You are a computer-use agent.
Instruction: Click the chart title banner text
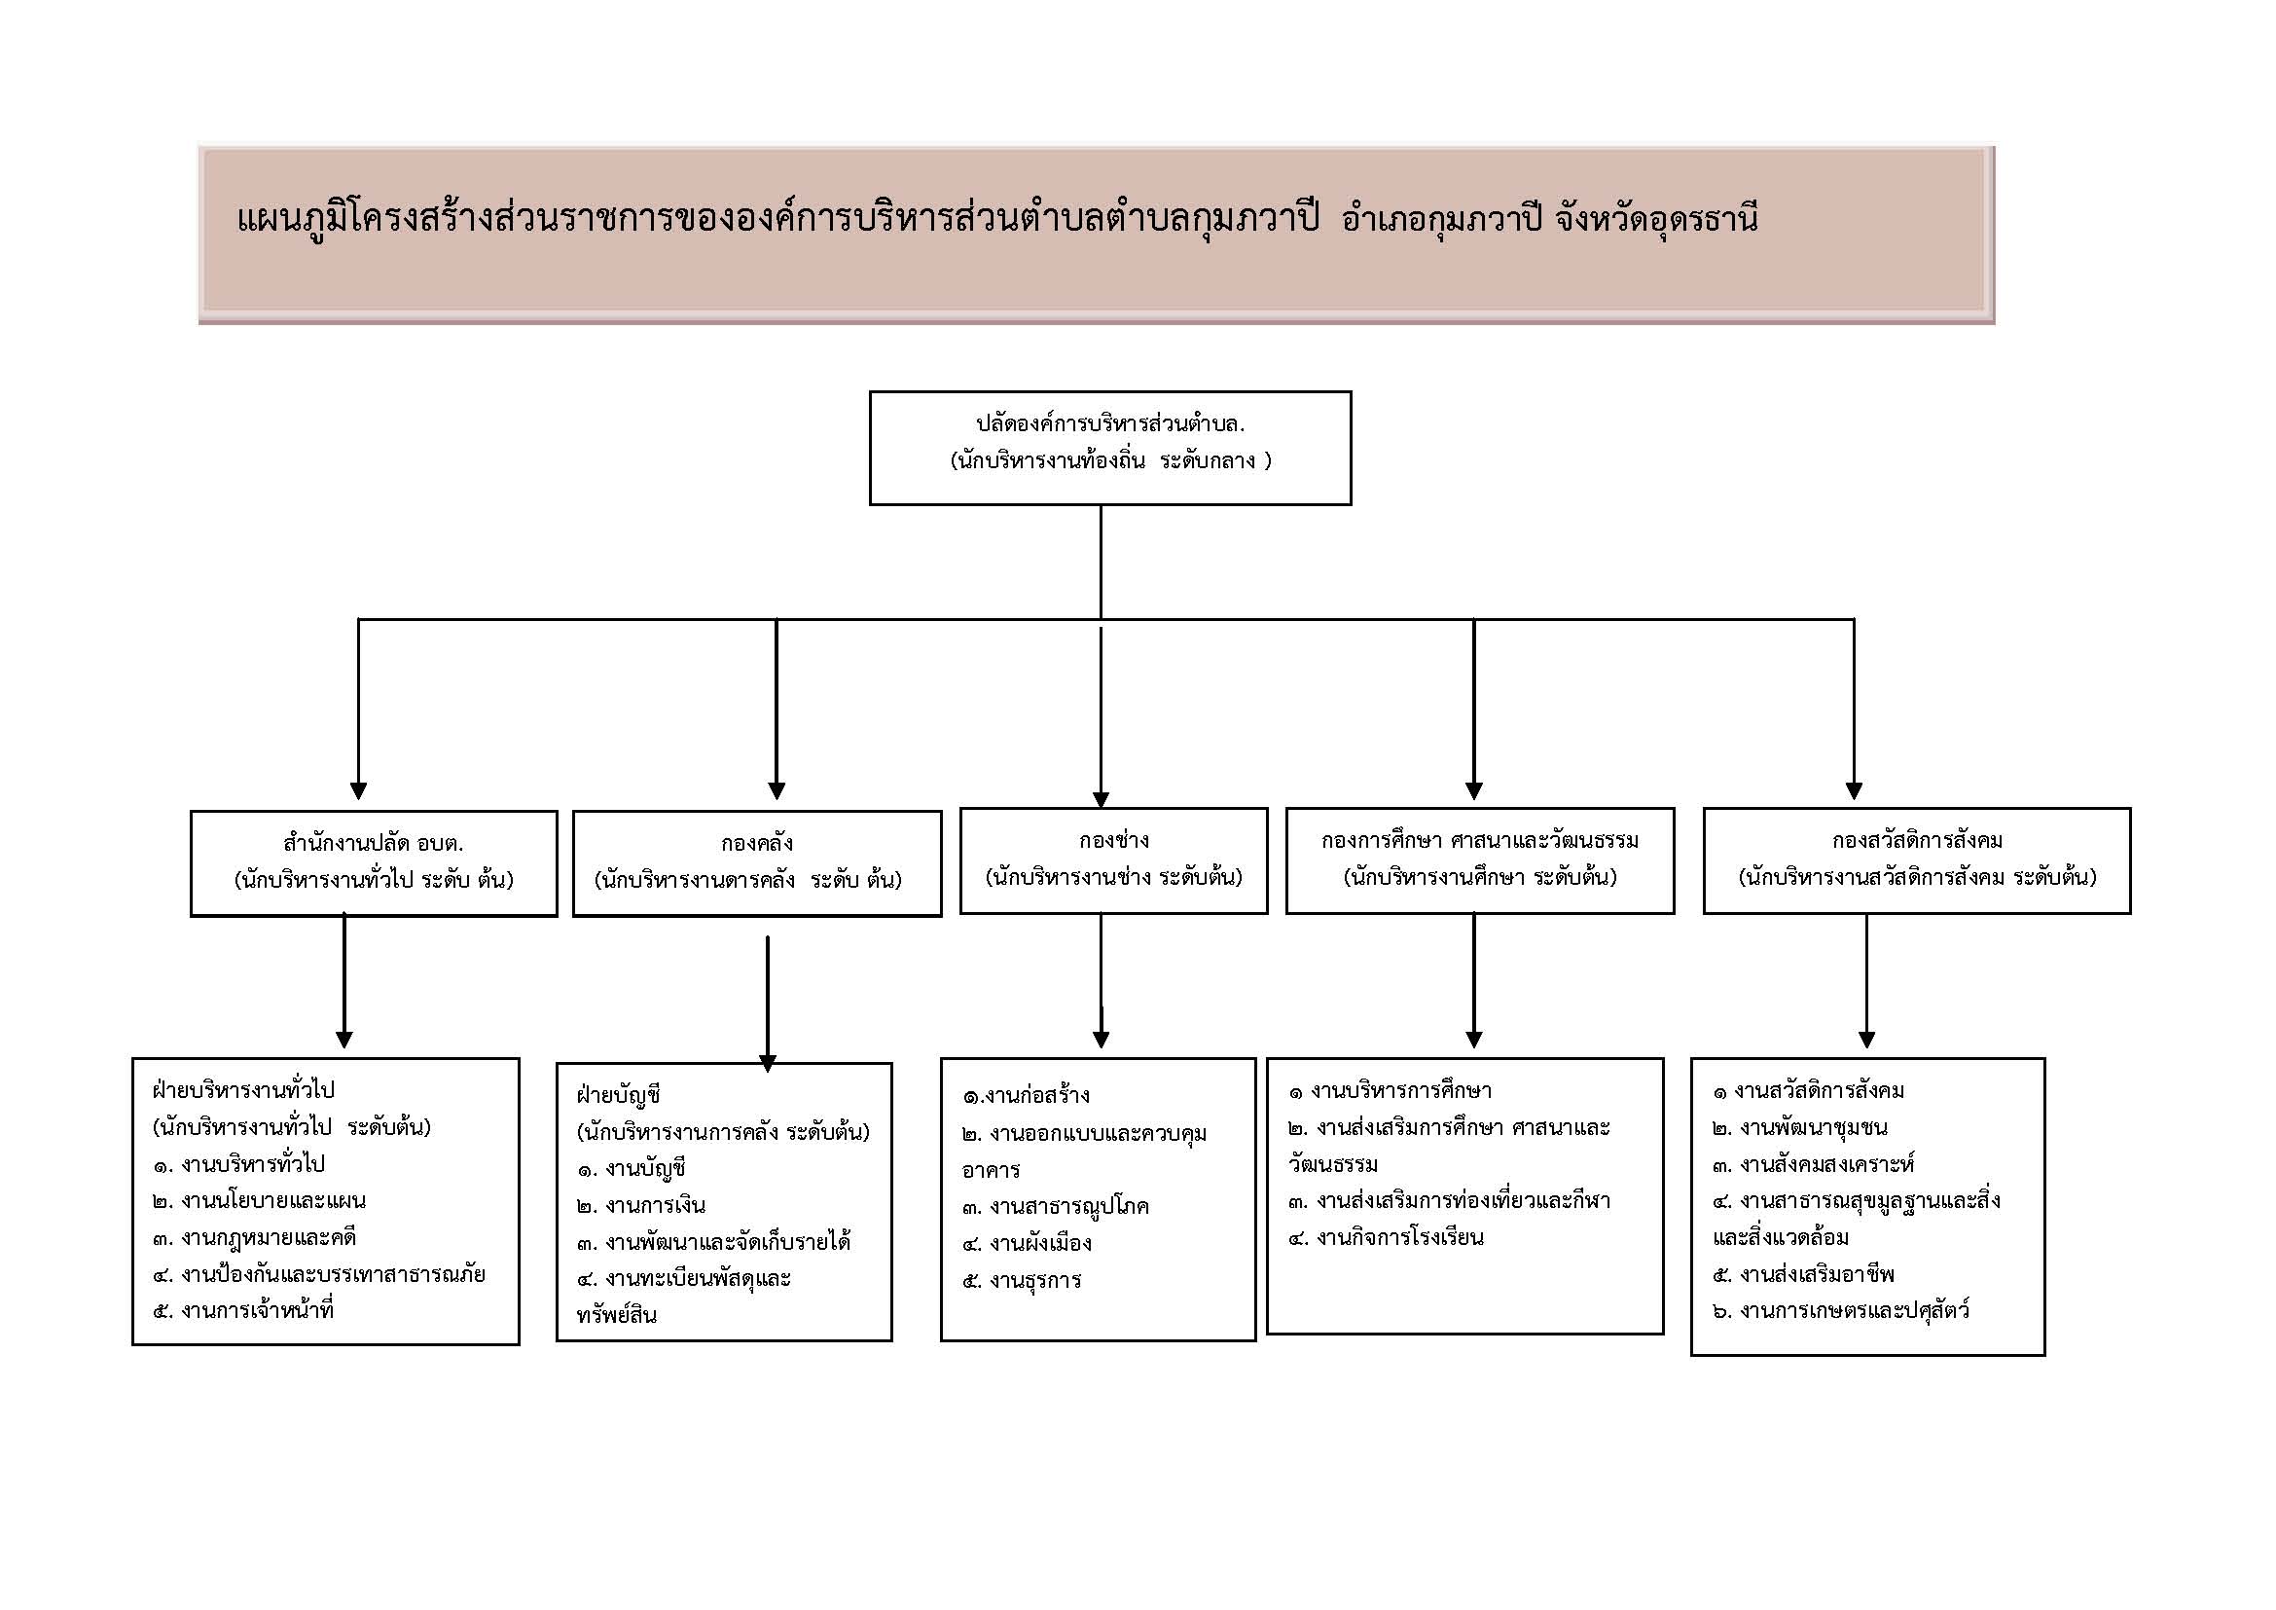pos(997,220)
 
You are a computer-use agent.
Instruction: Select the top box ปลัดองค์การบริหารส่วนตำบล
pos(1110,448)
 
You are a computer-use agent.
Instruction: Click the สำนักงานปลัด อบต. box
pos(374,863)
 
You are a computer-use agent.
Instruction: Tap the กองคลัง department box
pos(757,863)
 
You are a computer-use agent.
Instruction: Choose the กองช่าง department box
pos(1113,860)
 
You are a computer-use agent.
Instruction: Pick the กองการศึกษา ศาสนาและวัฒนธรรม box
pos(1480,860)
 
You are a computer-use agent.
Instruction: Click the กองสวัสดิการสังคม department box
pos(1917,860)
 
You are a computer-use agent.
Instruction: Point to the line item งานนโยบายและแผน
pos(260,1200)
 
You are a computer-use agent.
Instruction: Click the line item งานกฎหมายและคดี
pos(255,1237)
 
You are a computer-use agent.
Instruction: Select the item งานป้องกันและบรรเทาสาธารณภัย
pos(319,1274)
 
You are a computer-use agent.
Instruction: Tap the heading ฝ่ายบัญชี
pos(619,1095)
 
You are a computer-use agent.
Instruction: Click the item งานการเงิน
pos(641,1205)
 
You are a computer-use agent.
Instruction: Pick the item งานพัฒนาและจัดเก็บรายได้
pos(713,1242)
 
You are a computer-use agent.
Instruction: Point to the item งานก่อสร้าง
pos(1026,1095)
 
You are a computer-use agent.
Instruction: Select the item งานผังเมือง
pos(1027,1243)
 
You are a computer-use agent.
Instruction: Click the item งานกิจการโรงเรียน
pos(1387,1237)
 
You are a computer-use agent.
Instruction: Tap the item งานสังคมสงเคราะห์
pos(1813,1164)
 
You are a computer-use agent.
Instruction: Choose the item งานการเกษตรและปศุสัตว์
pos(1841,1310)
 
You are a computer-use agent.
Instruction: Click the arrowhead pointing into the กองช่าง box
pos(1101,800)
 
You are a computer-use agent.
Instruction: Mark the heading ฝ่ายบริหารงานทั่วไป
pos(244,1090)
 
